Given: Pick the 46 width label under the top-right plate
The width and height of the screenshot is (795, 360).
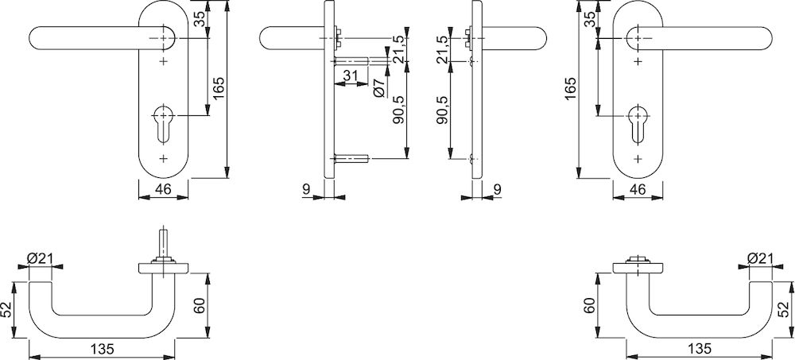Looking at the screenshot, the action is tap(638, 190).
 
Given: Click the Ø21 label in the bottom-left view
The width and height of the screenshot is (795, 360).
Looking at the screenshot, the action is tap(40, 258).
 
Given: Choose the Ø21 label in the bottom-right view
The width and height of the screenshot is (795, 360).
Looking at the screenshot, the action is tap(759, 258).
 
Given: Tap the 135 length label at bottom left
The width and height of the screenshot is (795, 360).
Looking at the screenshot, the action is tap(102, 350).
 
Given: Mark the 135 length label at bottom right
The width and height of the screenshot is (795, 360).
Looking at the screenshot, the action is tap(699, 350).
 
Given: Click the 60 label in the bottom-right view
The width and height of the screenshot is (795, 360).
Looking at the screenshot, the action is tap(588, 306).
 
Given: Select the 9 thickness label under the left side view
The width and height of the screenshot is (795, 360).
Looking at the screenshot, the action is tap(306, 190).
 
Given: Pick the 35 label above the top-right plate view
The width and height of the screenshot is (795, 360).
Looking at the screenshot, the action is tap(590, 19).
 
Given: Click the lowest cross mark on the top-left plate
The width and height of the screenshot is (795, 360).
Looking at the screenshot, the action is tap(163, 159).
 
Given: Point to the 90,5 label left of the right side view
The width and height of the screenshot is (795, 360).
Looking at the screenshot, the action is tap(442, 110).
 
